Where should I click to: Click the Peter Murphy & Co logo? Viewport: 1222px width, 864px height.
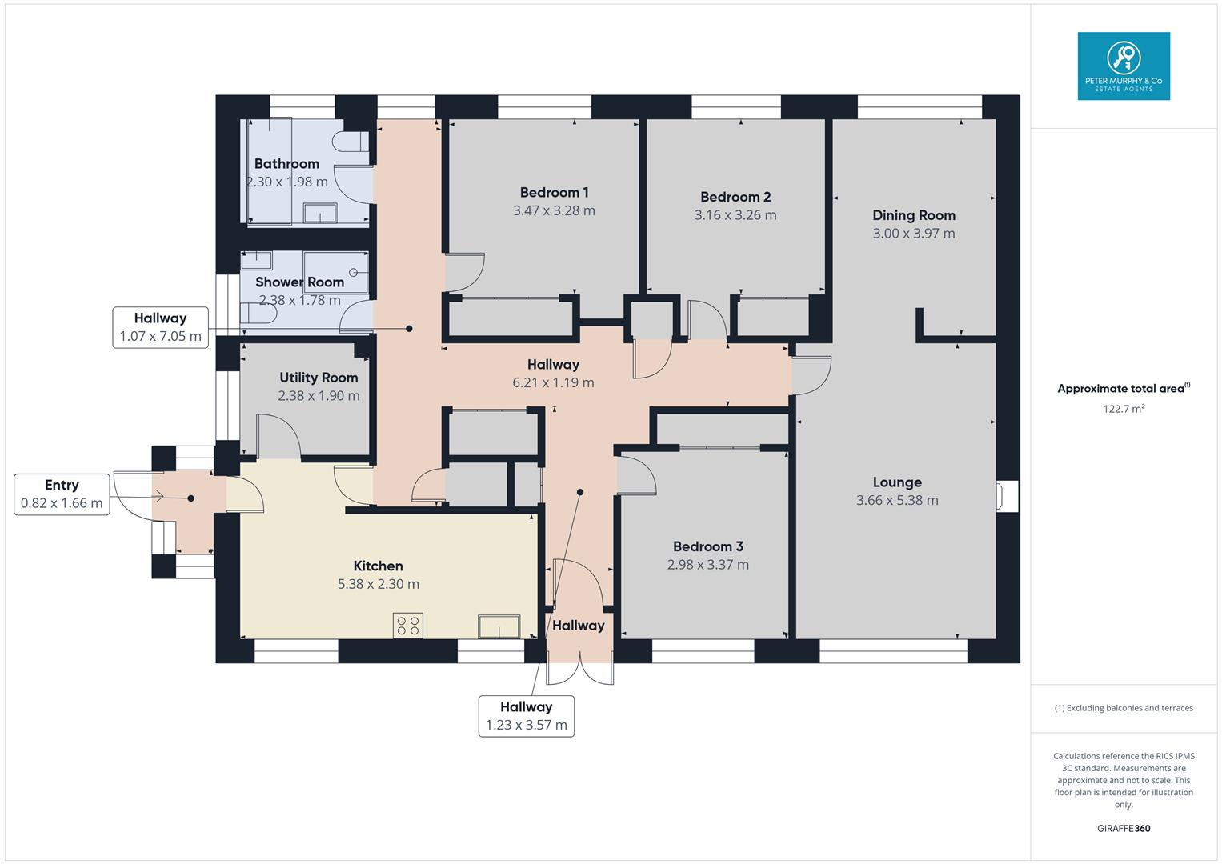point(1124,66)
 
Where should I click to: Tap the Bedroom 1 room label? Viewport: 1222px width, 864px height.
point(554,192)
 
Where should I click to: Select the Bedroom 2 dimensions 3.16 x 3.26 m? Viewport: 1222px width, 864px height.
point(735,215)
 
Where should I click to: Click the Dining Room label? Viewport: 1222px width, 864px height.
point(913,215)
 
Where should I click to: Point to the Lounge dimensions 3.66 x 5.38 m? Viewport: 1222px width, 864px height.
point(897,501)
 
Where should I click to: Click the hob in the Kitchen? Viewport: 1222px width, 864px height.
point(408,626)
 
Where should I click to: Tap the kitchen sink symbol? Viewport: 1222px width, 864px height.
point(499,626)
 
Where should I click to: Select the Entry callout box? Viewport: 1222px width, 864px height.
point(62,494)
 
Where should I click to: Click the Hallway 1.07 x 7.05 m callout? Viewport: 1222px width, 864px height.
point(160,327)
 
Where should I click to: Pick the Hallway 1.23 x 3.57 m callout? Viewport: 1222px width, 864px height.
point(526,716)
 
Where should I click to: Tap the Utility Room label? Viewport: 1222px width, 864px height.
point(319,378)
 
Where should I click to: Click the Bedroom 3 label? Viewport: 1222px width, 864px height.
point(707,546)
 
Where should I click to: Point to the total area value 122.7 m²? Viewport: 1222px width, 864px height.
point(1123,409)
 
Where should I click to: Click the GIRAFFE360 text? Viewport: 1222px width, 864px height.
point(1123,829)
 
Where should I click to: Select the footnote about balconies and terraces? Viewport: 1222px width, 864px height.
point(1123,708)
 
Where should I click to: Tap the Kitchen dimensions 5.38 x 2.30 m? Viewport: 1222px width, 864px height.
point(378,585)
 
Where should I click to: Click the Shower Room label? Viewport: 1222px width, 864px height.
point(299,282)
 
